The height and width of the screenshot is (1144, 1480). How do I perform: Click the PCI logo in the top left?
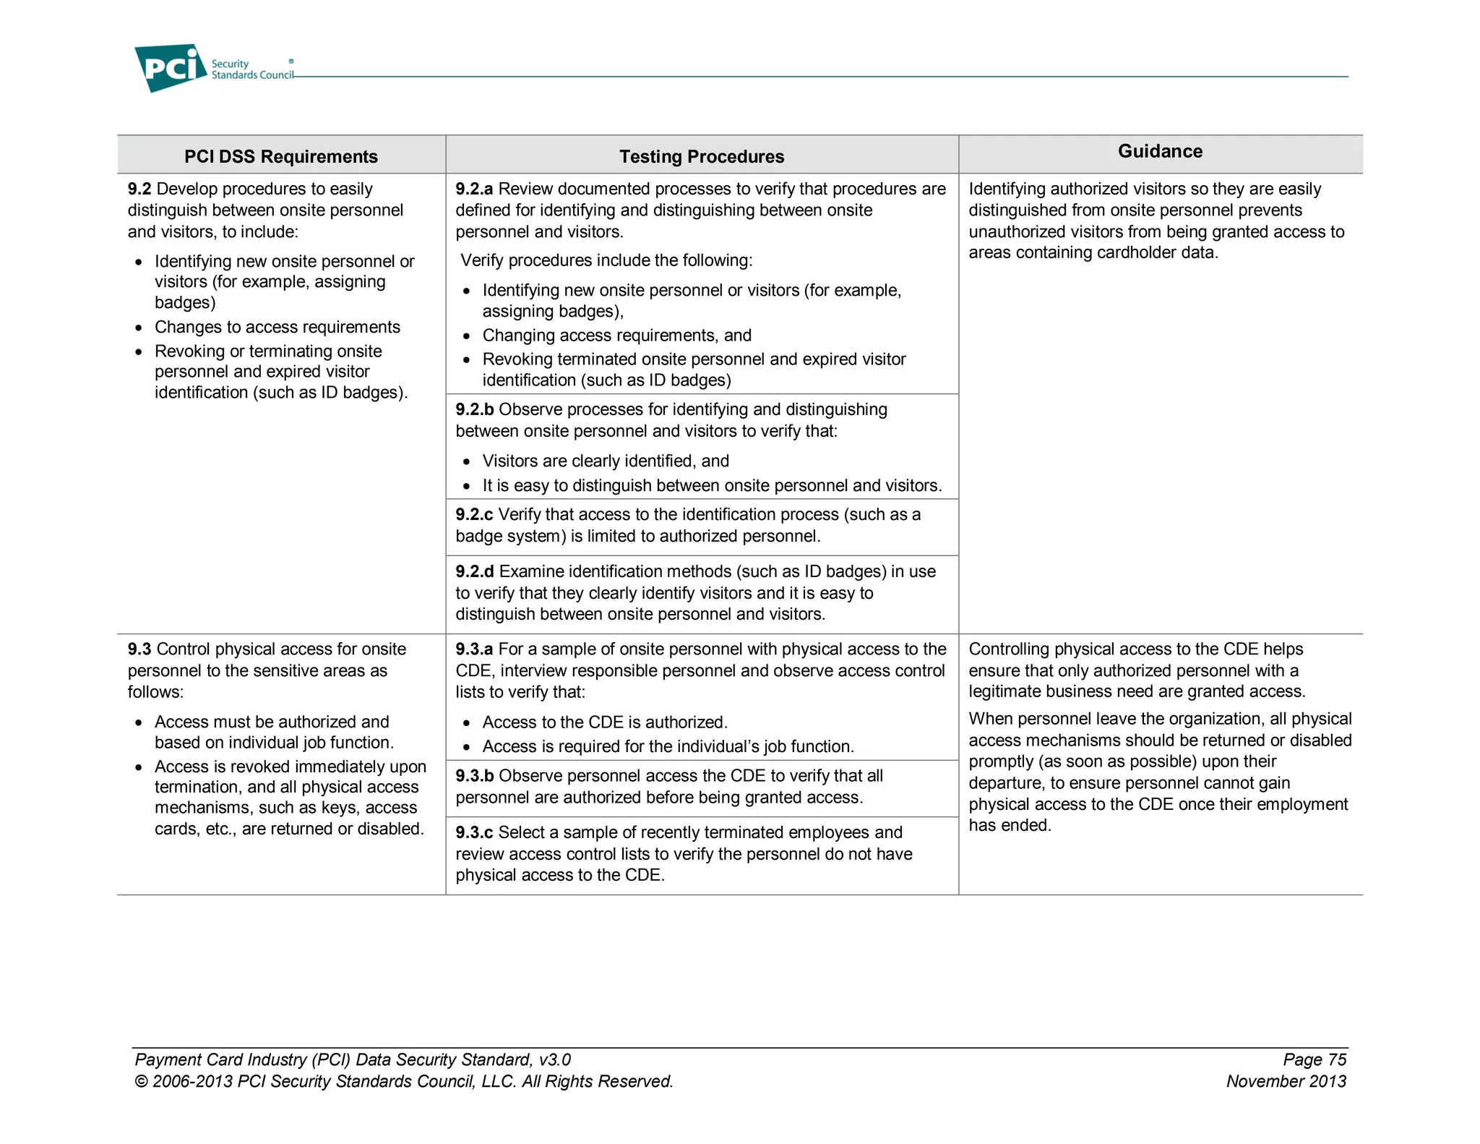coord(171,67)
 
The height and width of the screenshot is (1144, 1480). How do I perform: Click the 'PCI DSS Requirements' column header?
coord(280,156)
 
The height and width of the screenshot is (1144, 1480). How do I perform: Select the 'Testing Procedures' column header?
coord(701,156)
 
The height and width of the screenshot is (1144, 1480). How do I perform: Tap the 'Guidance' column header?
coord(1160,151)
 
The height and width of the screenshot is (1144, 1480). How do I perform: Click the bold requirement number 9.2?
coord(139,189)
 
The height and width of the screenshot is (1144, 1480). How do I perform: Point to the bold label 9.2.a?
coord(474,189)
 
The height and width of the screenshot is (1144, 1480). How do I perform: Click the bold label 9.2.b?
coord(474,409)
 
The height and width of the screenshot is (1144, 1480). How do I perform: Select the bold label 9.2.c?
coord(473,514)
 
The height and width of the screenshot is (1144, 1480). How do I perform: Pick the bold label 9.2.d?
coord(474,571)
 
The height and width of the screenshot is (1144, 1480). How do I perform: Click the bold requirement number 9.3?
coord(139,649)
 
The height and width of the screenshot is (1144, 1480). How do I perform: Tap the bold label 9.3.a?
coord(474,649)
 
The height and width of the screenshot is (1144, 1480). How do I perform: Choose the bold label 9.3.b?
coord(474,776)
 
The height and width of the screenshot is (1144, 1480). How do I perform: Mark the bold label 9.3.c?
coord(473,832)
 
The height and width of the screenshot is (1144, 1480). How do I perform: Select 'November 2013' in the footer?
coord(1286,1081)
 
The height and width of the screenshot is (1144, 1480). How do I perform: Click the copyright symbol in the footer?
coord(141,1082)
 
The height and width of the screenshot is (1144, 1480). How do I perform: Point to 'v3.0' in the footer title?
coord(554,1060)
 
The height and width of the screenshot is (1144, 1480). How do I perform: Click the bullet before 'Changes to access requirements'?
coord(139,328)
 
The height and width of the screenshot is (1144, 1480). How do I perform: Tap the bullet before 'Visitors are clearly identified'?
coord(467,462)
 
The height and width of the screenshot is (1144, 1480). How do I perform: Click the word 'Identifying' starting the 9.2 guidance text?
coord(1007,189)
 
